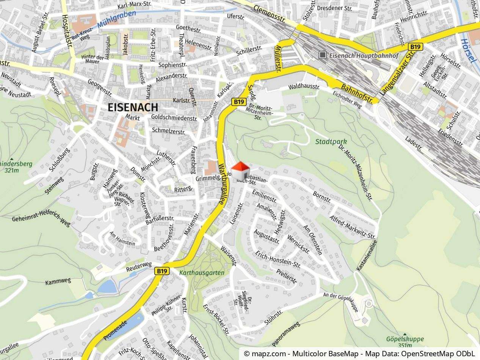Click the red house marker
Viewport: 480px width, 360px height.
click(x=240, y=171)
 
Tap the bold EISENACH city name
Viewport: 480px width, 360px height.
click(x=133, y=107)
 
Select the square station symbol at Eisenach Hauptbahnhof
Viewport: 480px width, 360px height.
click(x=323, y=55)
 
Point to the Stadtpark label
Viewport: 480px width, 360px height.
click(x=331, y=142)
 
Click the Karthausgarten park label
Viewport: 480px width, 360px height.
click(x=202, y=272)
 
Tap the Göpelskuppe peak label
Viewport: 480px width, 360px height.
click(x=405, y=339)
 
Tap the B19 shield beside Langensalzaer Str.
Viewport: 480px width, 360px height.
click(x=416, y=47)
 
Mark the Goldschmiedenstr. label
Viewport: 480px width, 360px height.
click(x=174, y=118)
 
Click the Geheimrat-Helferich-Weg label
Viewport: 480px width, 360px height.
click(x=41, y=216)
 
